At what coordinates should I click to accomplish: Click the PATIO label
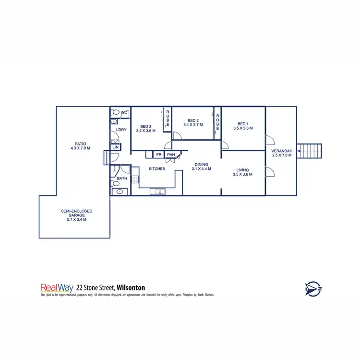[80, 143]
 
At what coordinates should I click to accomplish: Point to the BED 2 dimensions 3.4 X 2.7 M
[193, 125]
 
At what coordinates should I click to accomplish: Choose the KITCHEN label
[157, 169]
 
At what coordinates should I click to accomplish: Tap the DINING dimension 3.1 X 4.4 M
[201, 169]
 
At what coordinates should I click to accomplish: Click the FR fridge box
[158, 155]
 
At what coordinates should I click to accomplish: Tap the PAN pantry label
[171, 155]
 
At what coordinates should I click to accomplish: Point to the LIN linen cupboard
[115, 147]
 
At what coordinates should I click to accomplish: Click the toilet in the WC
[115, 112]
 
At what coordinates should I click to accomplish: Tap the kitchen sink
[158, 192]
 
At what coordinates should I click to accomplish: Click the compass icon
[312, 288]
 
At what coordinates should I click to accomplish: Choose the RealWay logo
[57, 288]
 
